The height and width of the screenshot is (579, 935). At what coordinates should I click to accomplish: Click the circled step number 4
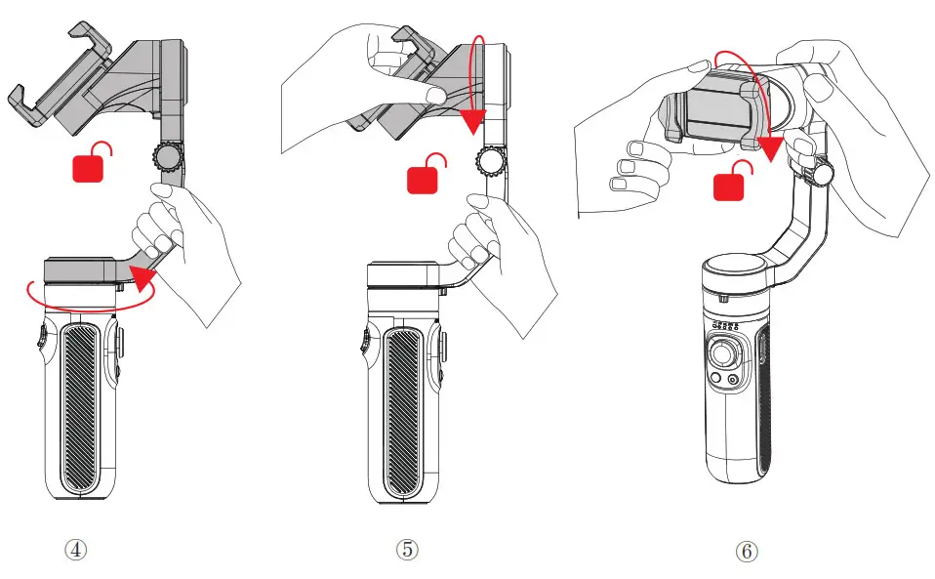pyautogui.click(x=76, y=549)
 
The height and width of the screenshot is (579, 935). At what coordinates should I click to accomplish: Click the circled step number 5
pyautogui.click(x=407, y=550)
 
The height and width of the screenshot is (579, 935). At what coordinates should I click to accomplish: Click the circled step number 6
pyautogui.click(x=746, y=552)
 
